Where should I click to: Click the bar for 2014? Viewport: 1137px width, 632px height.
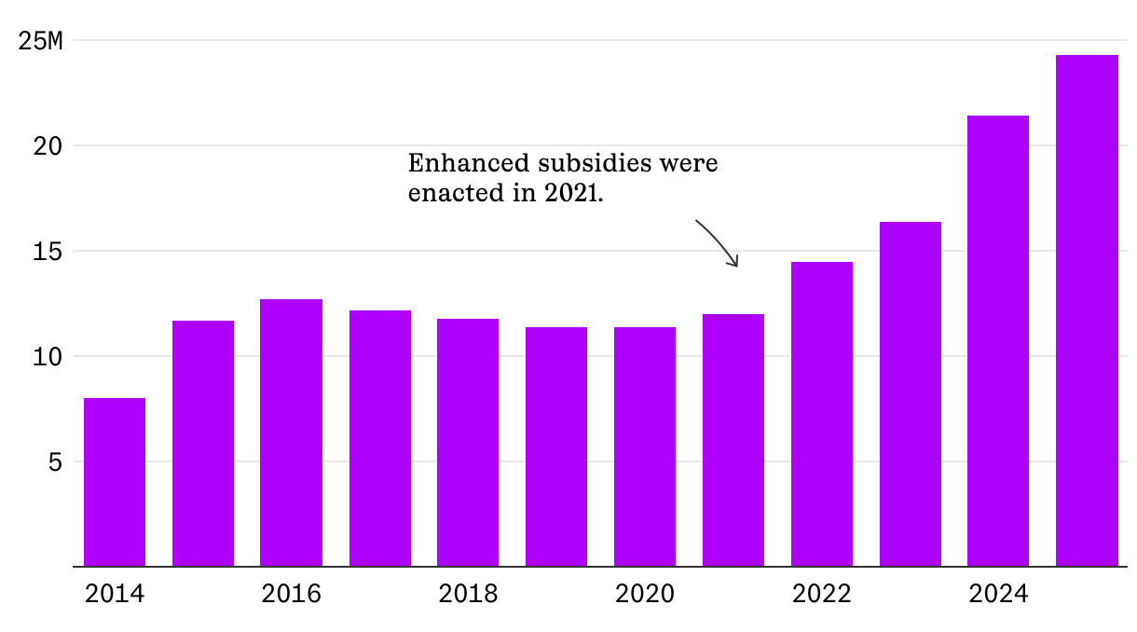[115, 482]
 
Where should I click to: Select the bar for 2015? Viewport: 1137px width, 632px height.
[203, 443]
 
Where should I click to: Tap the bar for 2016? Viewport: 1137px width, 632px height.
[291, 433]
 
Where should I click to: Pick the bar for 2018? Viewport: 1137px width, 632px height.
[468, 442]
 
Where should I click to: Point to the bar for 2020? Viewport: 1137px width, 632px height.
[645, 447]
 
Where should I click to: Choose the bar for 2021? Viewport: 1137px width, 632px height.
[733, 440]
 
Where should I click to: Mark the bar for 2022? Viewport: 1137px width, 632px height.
[822, 414]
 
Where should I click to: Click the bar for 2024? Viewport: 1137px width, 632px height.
[998, 340]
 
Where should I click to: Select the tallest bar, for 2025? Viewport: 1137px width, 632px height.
[1087, 310]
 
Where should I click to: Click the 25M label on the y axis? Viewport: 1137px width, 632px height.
[41, 41]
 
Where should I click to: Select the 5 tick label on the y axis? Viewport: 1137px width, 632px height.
[56, 462]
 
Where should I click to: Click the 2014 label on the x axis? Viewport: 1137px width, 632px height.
[115, 594]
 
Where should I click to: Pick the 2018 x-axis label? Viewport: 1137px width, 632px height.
[468, 594]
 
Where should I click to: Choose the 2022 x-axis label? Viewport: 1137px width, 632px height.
[822, 594]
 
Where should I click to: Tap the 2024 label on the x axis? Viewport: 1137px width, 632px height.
[998, 594]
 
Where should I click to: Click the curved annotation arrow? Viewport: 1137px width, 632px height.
[719, 242]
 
